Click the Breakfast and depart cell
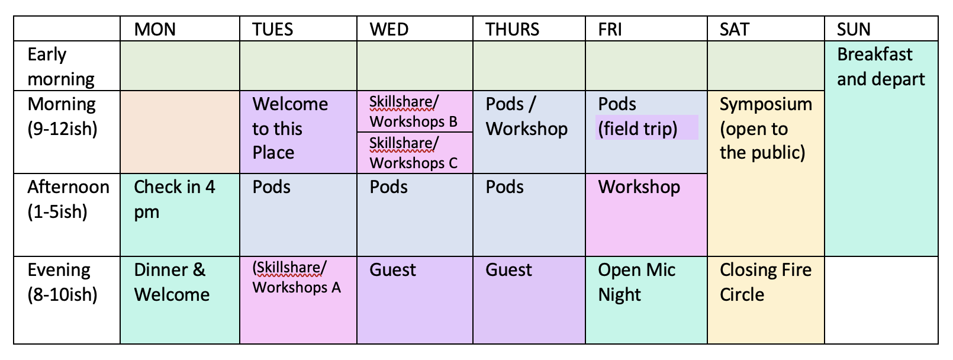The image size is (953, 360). [x=881, y=149]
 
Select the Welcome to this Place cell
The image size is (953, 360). [x=298, y=132]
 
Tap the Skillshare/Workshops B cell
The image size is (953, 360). [x=415, y=111]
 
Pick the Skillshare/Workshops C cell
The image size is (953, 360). [x=415, y=153]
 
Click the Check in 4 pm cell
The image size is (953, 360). [x=179, y=214]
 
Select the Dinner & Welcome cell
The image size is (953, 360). [x=179, y=300]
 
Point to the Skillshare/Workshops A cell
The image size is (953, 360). [x=298, y=300]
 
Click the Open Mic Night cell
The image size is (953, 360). [x=646, y=300]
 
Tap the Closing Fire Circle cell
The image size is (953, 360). [x=766, y=300]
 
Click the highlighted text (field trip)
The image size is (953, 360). [x=638, y=128]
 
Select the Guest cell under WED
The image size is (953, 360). [x=415, y=300]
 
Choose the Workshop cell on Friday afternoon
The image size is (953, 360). [x=646, y=214]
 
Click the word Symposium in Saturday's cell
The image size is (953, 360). [x=766, y=104]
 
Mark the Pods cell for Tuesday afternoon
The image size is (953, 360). [x=298, y=214]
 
